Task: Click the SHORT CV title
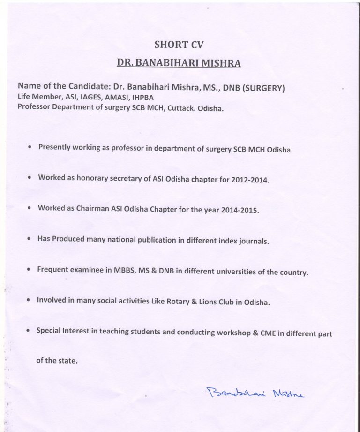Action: [x=180, y=45]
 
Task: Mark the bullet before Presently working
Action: [x=30, y=147]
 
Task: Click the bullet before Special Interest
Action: [x=30, y=330]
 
